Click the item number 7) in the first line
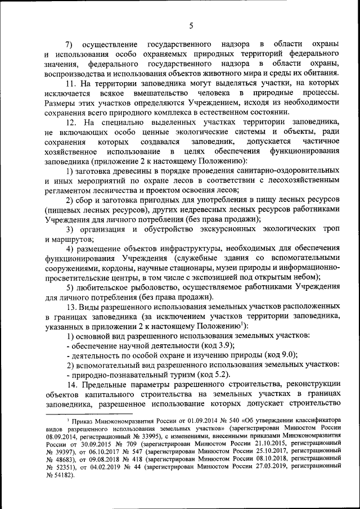click(69, 44)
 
